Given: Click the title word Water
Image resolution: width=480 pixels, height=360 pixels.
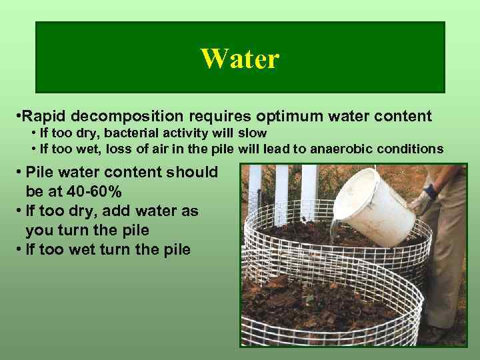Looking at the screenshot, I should [239, 59].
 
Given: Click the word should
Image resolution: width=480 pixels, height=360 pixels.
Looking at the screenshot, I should [193, 172].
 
